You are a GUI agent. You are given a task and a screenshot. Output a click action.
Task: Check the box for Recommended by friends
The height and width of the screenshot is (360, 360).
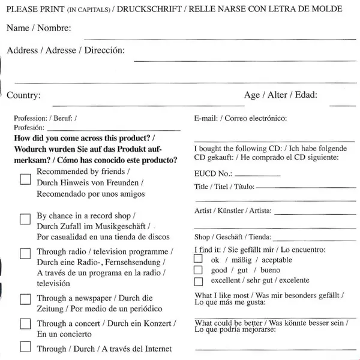pyautogui.click(x=25, y=179)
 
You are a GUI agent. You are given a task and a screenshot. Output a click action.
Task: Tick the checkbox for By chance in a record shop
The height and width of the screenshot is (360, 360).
pyautogui.click(x=25, y=220)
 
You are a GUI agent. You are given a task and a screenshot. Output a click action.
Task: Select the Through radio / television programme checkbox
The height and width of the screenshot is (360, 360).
pyautogui.click(x=25, y=253)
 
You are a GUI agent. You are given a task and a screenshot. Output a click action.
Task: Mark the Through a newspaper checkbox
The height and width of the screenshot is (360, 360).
pyautogui.click(x=25, y=298)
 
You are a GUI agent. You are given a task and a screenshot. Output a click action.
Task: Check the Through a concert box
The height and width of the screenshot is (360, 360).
pyautogui.click(x=25, y=324)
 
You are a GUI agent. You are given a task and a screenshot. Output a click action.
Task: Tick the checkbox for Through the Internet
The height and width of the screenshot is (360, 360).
pyautogui.click(x=25, y=346)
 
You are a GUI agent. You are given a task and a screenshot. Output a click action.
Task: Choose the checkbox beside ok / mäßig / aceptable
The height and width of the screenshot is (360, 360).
pyautogui.click(x=199, y=259)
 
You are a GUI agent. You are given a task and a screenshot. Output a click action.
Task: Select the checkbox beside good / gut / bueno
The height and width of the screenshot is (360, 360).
pyautogui.click(x=199, y=270)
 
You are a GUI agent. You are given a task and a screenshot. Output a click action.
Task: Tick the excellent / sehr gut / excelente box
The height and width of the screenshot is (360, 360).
pyautogui.click(x=199, y=281)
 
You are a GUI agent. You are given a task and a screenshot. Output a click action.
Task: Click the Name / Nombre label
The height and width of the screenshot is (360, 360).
pyautogui.click(x=38, y=29)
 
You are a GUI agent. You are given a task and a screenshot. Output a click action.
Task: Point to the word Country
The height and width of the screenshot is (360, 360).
pyautogui.click(x=23, y=95)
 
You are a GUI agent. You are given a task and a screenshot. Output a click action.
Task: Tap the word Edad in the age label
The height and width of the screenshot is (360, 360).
pyautogui.click(x=305, y=95)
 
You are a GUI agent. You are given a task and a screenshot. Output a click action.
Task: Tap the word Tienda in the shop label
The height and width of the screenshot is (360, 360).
pyautogui.click(x=259, y=237)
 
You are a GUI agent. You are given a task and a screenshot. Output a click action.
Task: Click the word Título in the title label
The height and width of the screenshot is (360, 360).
pyautogui.click(x=242, y=187)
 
